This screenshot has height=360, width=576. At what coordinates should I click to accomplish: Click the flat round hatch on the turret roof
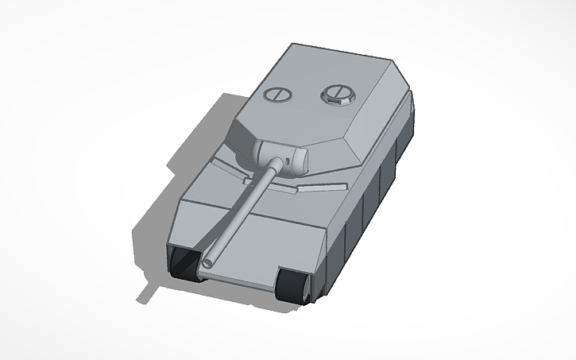tap(276, 93)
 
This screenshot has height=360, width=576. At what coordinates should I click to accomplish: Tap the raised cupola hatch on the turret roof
tap(334, 95)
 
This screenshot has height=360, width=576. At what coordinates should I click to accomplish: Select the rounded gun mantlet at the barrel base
tap(283, 154)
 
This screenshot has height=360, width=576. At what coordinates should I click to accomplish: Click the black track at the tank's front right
tap(293, 286)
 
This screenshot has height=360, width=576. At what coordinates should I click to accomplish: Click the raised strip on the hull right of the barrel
tap(318, 190)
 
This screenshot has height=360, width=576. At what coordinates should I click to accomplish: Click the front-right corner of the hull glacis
tap(326, 230)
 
